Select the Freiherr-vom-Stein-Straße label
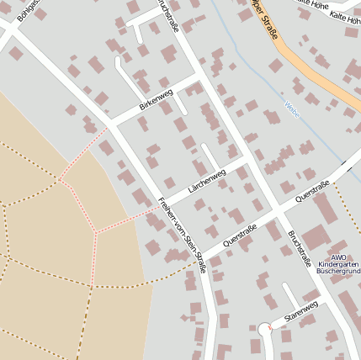click(x=182, y=234)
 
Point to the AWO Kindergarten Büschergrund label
click(x=337, y=264)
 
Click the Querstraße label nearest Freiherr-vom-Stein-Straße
click(x=241, y=236)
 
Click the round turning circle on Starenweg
click(x=266, y=329)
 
